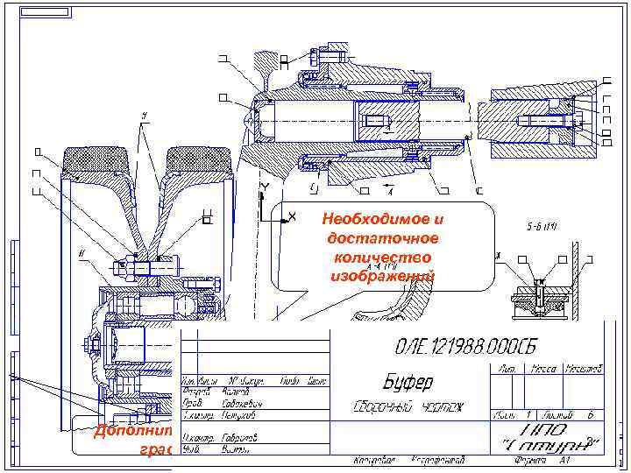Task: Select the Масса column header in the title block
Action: coord(544,367)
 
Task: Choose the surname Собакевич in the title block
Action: coord(235,405)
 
